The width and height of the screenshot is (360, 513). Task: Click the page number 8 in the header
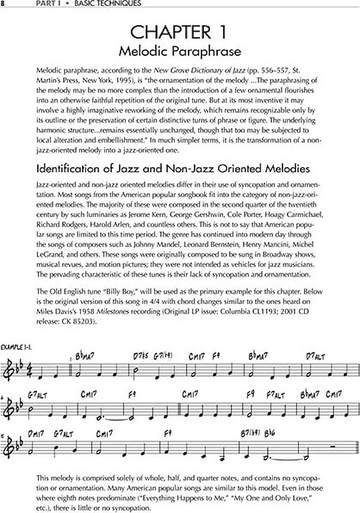coord(2,4)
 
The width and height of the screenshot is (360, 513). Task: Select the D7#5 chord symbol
coord(140,356)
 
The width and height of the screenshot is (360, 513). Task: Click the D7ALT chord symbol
coord(316,356)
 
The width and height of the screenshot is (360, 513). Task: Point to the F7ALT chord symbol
coord(276,395)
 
